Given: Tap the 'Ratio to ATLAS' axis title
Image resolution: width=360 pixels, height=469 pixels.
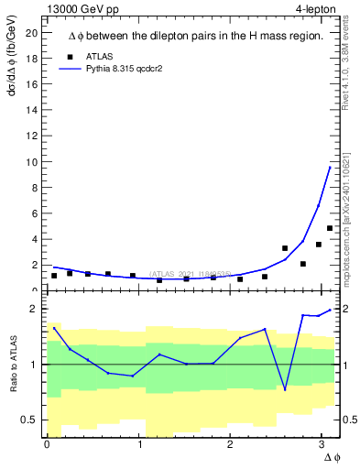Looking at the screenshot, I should pyautogui.click(x=12, y=365).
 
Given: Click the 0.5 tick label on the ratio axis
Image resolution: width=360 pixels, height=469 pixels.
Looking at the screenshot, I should pyautogui.click(x=28, y=420).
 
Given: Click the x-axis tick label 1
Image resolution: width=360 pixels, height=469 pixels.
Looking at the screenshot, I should pyautogui.click(x=140, y=444).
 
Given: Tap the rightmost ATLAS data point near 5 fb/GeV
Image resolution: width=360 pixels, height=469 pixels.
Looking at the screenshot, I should pyautogui.click(x=330, y=228).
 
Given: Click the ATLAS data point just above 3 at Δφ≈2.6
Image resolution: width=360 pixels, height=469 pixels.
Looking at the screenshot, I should pyautogui.click(x=285, y=248).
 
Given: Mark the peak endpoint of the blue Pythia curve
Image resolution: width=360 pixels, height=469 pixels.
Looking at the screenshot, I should pyautogui.click(x=330, y=167).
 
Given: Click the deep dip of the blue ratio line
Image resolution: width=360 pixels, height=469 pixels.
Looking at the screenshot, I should pyautogui.click(x=285, y=389).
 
